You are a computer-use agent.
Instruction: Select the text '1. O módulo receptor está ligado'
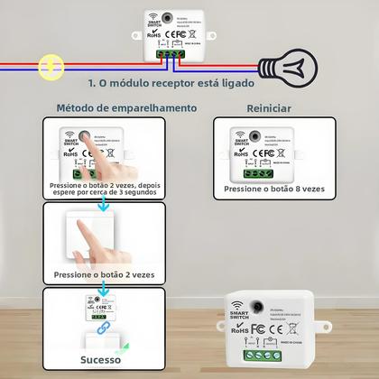tap(171, 83)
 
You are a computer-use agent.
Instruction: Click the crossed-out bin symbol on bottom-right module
tap(278, 336)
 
